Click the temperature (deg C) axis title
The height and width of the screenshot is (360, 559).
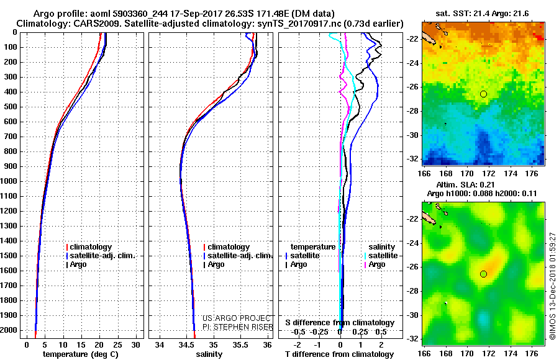click(81, 354)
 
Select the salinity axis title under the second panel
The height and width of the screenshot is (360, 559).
click(211, 354)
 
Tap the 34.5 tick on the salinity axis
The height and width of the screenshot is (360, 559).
click(186, 344)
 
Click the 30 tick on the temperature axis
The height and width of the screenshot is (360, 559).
click(136, 344)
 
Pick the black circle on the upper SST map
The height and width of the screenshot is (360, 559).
click(483, 94)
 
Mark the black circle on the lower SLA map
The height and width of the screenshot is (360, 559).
click(483, 274)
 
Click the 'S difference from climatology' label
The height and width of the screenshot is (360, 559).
click(340, 323)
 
